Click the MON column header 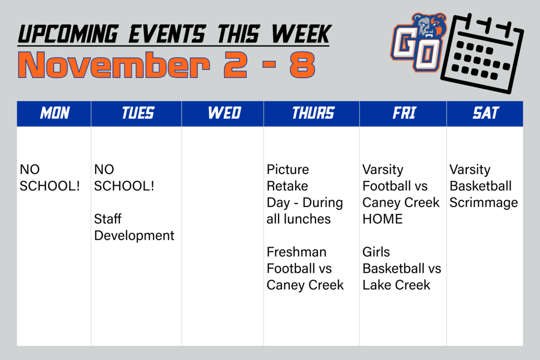tap(54, 113)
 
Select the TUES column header tap(138, 113)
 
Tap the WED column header tap(224, 113)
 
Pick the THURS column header tap(313, 113)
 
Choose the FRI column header tap(403, 113)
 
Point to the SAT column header tap(485, 113)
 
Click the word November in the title tap(113, 66)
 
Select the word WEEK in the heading tap(300, 35)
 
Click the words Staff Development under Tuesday tap(133, 227)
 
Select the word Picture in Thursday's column tap(287, 170)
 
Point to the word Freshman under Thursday tap(296, 252)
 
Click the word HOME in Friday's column tap(382, 219)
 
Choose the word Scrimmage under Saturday tap(483, 202)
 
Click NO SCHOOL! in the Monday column tap(49, 178)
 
